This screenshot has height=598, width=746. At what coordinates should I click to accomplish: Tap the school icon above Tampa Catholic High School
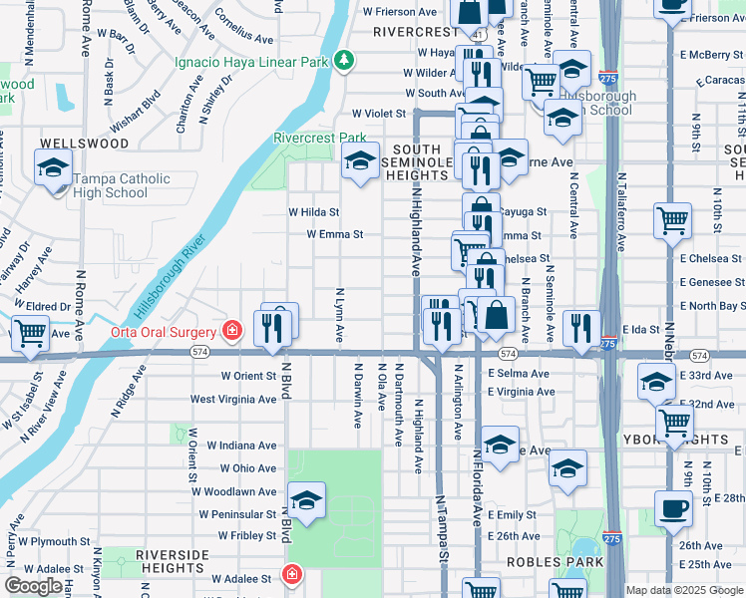pos(53,167)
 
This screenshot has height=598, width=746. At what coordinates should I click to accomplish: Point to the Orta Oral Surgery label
pos(163,332)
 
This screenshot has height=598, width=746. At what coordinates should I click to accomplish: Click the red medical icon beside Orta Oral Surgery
pos(231,330)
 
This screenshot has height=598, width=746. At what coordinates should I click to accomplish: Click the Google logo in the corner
pos(33,586)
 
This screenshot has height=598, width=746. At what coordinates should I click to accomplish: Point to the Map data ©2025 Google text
pos(683,590)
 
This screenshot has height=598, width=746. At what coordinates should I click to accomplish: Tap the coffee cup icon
pos(674,508)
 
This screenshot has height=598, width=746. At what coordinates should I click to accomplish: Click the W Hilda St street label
pos(314,212)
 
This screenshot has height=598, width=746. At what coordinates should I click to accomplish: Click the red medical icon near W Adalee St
pos(290,575)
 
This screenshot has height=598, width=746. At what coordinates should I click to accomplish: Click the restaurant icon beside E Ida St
pos(580,328)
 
